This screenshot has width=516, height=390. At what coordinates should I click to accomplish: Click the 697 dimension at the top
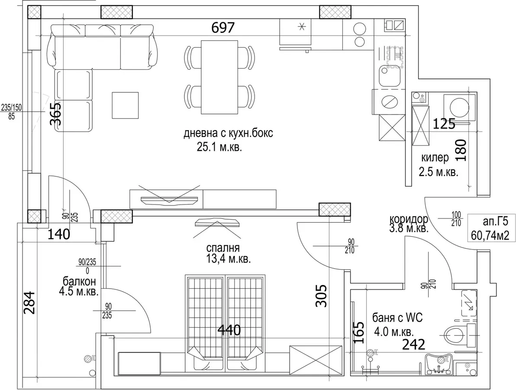pos(223,28)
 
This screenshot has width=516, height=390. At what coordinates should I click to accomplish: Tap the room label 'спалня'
pos(223,248)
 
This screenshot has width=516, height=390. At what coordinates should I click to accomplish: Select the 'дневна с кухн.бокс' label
pos(229,133)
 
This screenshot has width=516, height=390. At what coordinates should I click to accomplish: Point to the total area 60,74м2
pos(490,235)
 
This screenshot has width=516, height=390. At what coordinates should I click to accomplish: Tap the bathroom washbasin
pos(439,364)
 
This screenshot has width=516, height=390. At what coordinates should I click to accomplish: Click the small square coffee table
pos(125,105)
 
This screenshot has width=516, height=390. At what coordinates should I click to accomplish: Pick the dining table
pos(219,77)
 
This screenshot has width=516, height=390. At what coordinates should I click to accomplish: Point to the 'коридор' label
pos(409,219)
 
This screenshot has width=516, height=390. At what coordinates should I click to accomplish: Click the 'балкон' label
pos(80,281)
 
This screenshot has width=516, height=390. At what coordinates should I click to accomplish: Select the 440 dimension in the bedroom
pos(229,330)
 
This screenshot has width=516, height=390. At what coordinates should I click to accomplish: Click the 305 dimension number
pos(322,296)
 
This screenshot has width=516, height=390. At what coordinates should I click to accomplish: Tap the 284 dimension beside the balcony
pos(29,303)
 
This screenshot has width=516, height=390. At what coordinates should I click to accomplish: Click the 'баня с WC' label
pos(397,318)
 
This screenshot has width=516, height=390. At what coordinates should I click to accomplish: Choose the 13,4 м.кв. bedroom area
pos(229,259)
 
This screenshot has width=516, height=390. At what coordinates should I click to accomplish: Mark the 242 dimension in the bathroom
pos(414,344)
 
